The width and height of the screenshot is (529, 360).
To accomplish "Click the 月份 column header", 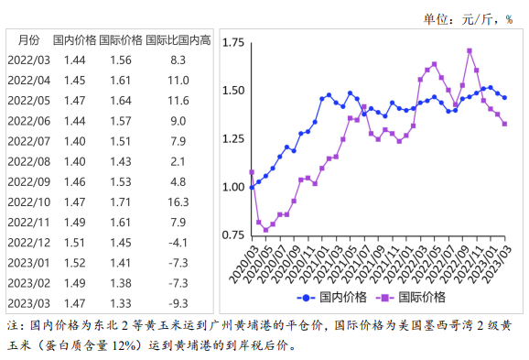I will point(28,40).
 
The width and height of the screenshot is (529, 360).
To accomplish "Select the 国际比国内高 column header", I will point(178,40).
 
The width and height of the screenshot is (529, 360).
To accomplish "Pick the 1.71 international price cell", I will point(120,201).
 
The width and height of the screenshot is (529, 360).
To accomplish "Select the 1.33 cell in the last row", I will point(120,302).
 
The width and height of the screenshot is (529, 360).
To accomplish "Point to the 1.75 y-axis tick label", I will point(232,43).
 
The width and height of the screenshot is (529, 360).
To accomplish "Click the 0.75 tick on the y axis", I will point(232,235).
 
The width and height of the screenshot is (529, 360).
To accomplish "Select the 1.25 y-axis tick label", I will point(232,139).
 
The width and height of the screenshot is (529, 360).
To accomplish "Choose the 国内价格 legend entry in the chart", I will point(335,297).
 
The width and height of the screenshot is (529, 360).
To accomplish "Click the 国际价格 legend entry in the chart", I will point(417,297).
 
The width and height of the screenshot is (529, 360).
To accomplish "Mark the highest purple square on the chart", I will point(470,51).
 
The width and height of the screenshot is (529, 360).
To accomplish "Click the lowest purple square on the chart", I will point(266,229).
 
